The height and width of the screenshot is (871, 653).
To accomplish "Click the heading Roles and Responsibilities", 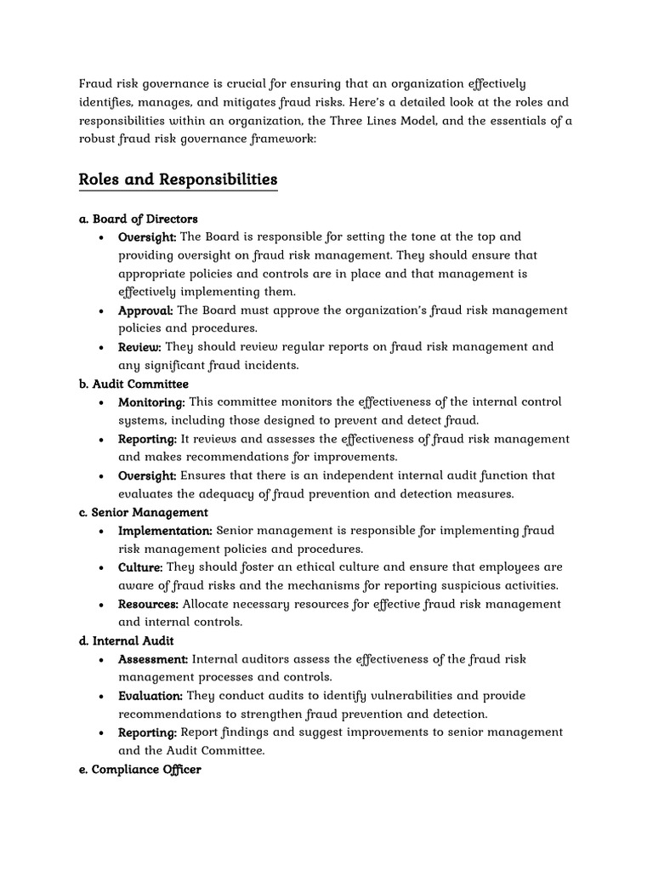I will point(178,179).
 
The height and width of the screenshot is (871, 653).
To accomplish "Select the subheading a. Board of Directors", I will point(138,219).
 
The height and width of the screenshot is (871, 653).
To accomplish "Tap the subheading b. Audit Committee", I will point(133,384).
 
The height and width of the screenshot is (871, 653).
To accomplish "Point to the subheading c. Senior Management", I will point(143,512).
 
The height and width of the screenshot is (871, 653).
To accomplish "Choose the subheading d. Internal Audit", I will point(126,640).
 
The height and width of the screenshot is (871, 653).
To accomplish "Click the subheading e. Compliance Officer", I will point(139,770).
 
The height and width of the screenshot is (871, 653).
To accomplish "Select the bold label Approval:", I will point(145,310).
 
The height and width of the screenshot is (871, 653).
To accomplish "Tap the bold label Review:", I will point(139,347).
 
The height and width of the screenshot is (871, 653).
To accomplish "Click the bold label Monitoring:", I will point(151,402).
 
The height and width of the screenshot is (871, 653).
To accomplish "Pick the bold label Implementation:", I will point(165,531).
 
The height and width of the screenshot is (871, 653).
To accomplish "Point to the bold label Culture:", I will point(140,567).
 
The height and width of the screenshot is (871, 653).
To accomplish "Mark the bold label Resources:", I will point(148,604).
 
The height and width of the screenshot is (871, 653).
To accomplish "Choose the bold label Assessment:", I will point(153,659).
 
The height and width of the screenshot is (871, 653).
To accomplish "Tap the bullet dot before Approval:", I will point(102,311).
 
